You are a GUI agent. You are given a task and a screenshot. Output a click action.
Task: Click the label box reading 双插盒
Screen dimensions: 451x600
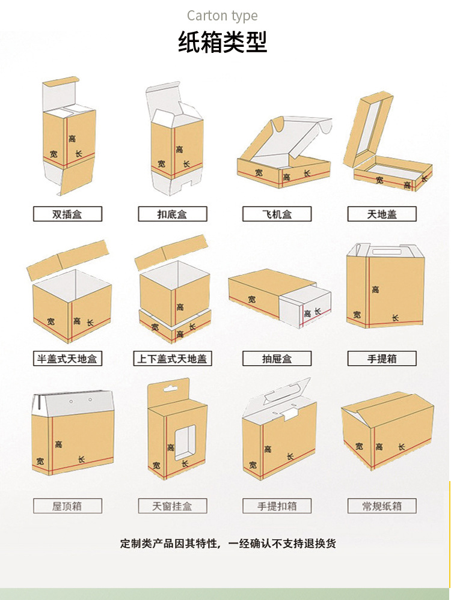pos(67,214)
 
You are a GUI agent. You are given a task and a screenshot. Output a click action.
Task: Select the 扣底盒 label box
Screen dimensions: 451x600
pos(173,214)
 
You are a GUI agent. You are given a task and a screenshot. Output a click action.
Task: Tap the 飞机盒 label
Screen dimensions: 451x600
pos(277,214)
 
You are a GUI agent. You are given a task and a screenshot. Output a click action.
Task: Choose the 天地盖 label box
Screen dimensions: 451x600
pos(382,214)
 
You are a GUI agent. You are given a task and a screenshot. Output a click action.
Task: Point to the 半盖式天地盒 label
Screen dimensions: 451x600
pos(67,359)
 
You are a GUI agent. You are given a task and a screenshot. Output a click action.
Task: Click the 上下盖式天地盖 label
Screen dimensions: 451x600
pos(173,359)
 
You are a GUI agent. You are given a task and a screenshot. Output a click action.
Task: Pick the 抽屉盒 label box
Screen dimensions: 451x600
pos(277,359)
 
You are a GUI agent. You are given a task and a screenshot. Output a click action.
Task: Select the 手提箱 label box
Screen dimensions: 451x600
pos(382,359)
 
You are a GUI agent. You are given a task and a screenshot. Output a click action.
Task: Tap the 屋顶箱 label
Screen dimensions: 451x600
pos(67,506)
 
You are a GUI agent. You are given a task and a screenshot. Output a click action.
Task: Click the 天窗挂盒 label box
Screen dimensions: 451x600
pos(173,506)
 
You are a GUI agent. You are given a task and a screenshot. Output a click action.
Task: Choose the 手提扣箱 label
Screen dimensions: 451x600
pos(277,506)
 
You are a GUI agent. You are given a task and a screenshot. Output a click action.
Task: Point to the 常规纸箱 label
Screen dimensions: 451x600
pos(382,506)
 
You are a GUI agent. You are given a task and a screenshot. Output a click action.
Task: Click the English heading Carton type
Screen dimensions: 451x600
pos(222,16)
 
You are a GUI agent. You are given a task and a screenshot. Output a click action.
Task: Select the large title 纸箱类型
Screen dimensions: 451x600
pos(222,42)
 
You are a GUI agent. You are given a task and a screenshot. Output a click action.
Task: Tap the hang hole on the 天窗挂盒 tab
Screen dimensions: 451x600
pos(171,389)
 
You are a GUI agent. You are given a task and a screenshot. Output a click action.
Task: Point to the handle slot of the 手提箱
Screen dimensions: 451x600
pos(385,252)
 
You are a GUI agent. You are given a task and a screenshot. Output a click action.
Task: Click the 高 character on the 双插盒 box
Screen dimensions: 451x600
pos(72,138)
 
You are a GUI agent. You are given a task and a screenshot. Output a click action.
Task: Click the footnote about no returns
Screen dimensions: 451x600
pos(228,544)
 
